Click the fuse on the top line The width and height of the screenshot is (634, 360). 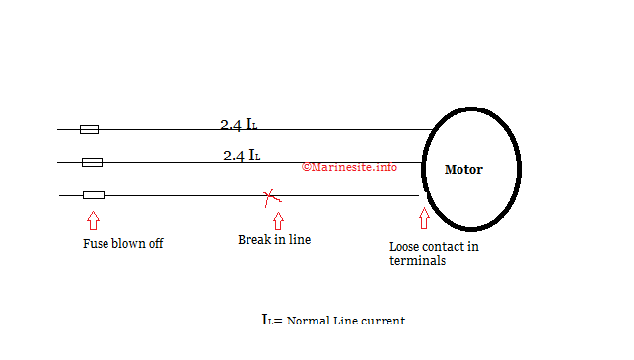coord(89,129)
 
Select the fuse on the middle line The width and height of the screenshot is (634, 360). coord(92,162)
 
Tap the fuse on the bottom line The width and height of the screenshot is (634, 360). coord(94,195)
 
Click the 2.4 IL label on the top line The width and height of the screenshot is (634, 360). coord(240,125)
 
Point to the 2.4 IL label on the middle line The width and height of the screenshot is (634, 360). coord(242,155)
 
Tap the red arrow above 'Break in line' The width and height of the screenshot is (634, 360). coord(278,220)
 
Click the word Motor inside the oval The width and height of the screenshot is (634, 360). coord(463,169)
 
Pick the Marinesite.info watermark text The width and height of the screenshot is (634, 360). coord(349,167)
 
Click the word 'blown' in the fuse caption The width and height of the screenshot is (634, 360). coord(128,244)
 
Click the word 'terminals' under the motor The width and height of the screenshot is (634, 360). coord(417,261)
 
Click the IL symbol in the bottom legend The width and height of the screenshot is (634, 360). coord(269,320)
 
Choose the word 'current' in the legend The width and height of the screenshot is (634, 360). coord(384,321)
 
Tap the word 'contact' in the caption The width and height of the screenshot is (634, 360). coord(445,247)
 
